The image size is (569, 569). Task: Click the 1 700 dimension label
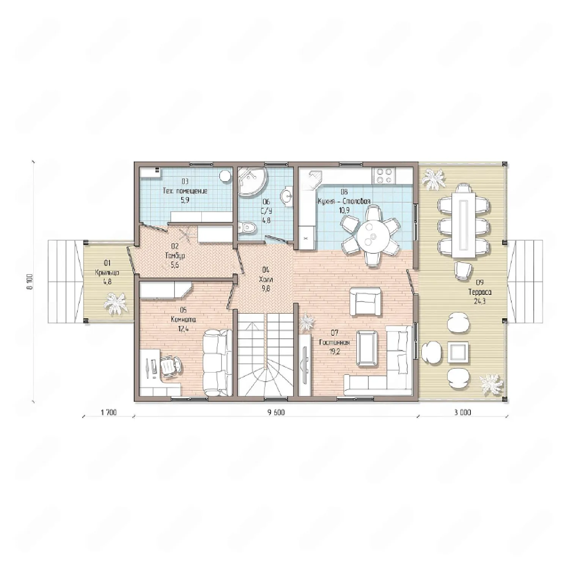[x=108, y=413]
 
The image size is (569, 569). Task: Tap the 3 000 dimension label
[x=462, y=413]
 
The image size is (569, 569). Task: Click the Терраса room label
[x=480, y=292]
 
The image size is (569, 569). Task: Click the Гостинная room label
[x=334, y=343]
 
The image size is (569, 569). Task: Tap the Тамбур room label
[x=175, y=256]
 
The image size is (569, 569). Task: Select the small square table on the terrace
[x=458, y=351]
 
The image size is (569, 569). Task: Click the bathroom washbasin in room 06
[x=287, y=196]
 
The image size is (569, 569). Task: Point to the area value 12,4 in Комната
[x=183, y=329]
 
